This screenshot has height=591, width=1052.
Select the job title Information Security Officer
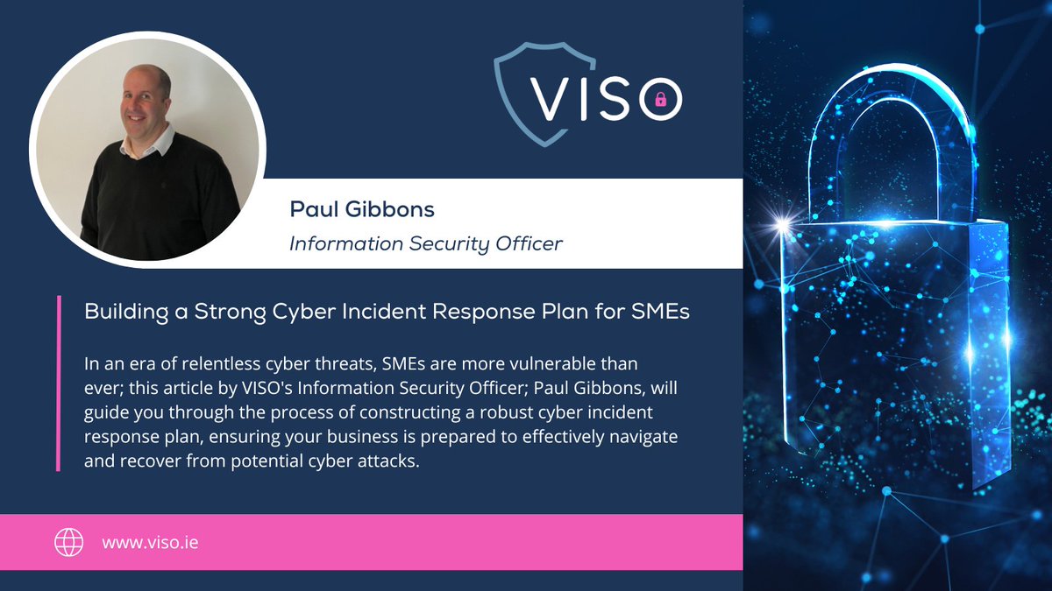point(426,243)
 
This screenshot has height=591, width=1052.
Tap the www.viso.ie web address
point(150,543)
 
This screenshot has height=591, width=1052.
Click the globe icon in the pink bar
point(69,543)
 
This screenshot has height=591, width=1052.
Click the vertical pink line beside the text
point(58,385)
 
